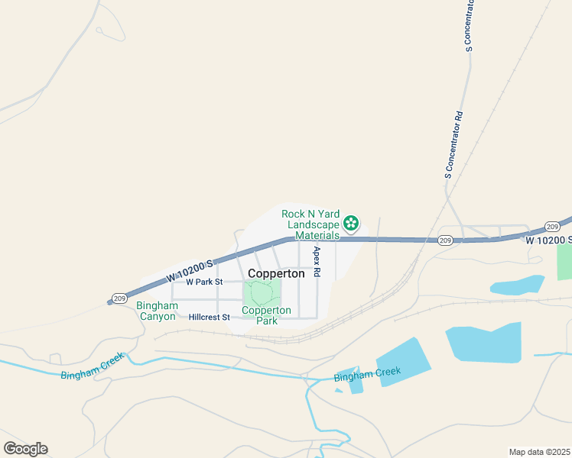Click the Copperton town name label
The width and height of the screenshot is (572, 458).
276,273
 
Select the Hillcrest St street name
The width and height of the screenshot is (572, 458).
209,317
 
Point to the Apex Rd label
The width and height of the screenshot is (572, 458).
316,261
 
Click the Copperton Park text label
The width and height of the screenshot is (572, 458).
266,315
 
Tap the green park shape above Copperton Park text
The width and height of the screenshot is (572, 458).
262,292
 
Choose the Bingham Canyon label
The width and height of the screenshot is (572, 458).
156,311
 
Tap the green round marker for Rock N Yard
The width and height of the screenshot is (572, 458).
351,223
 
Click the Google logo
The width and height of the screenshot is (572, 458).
25,449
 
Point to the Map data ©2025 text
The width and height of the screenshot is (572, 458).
539,452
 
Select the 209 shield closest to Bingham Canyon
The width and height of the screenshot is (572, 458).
119,298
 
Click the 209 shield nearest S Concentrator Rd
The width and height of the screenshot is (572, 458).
445,240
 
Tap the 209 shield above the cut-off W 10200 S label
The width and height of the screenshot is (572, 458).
553,227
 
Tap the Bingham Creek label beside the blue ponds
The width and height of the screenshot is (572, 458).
367,374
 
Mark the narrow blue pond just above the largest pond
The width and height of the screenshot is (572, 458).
517,285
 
